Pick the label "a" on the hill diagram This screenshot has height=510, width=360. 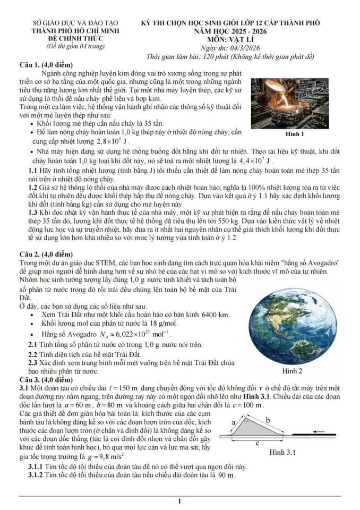pos(234,422)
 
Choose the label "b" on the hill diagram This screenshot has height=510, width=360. pos(268,420)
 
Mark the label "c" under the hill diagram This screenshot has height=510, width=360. pos(257,443)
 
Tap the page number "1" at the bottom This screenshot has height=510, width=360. pos(180,501)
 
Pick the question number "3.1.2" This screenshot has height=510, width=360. pos(38,474)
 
